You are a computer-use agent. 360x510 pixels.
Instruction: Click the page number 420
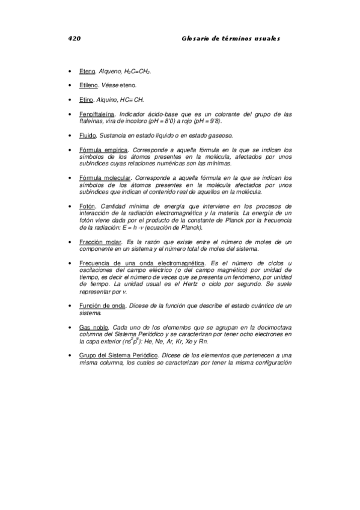click(x=75, y=38)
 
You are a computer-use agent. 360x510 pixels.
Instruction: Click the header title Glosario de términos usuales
click(x=231, y=38)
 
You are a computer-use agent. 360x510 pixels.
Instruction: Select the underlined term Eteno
click(x=87, y=71)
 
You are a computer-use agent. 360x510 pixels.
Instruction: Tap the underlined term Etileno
click(x=90, y=85)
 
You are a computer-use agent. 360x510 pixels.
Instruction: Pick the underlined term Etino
click(x=87, y=99)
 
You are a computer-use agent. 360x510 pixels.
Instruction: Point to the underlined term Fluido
click(x=88, y=135)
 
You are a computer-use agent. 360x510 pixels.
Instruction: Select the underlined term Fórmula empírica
click(x=103, y=150)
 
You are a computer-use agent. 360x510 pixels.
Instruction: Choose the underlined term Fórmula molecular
click(x=105, y=178)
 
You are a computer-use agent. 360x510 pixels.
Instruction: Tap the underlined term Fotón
click(x=87, y=206)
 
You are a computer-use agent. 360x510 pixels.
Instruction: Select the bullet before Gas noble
click(x=72, y=328)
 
